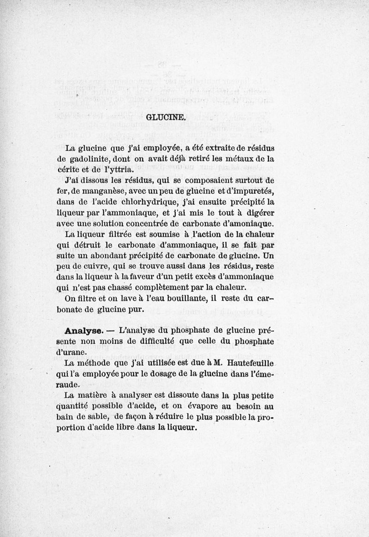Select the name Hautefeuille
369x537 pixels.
point(250,363)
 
